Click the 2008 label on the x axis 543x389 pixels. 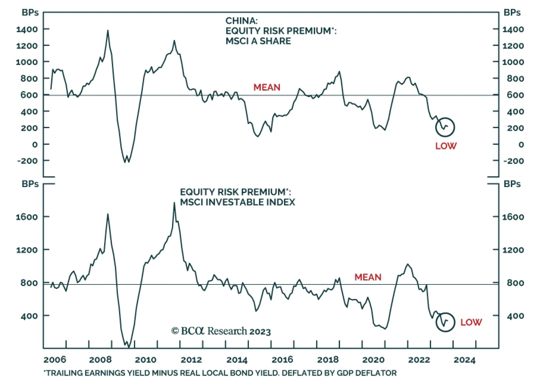[x=100, y=360]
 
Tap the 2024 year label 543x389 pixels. [x=465, y=360]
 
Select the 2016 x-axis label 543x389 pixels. [x=282, y=360]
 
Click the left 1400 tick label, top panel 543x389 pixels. [x=27, y=29]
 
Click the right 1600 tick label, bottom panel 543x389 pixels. [x=513, y=217]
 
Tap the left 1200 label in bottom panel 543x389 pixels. [x=27, y=250]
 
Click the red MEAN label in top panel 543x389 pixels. [x=267, y=88]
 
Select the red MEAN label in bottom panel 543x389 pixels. [x=368, y=277]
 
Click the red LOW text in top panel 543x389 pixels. [x=446, y=146]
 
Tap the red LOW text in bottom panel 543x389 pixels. [x=471, y=322]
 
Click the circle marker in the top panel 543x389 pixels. [x=445, y=127]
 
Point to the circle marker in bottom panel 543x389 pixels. [x=445, y=322]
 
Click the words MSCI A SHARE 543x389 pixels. [x=258, y=41]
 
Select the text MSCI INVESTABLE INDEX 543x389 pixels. [x=238, y=202]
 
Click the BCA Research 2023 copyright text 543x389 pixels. [x=221, y=331]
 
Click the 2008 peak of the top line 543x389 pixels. [x=108, y=31]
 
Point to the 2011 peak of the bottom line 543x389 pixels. [x=174, y=203]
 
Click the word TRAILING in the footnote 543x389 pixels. [x=64, y=373]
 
